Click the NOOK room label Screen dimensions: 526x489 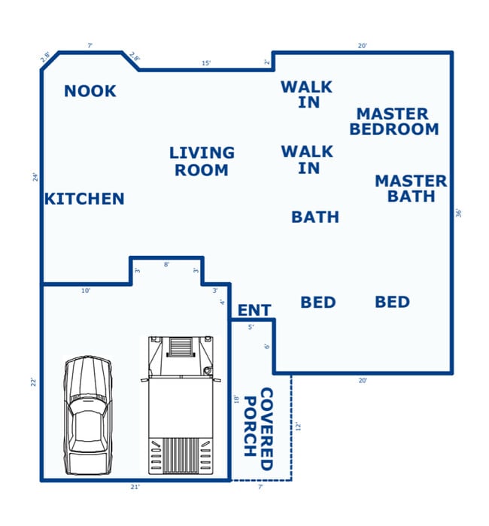(90, 91)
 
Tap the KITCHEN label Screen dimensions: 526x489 (84, 199)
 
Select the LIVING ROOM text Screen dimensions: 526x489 (202, 162)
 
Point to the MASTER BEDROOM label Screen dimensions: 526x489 (393, 121)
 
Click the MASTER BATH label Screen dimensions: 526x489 (411, 189)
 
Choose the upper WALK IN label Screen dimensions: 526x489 (306, 94)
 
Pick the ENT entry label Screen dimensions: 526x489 (254, 311)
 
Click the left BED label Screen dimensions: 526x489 (317, 303)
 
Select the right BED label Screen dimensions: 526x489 (392, 303)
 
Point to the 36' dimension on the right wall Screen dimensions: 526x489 (459, 213)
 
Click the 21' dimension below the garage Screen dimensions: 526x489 (135, 488)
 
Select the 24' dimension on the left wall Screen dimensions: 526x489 (35, 178)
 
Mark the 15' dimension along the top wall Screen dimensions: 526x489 (206, 63)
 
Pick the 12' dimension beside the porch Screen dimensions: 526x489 (298, 426)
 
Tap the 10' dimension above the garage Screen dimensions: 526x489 (86, 290)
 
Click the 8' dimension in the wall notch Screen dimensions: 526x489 (166, 264)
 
